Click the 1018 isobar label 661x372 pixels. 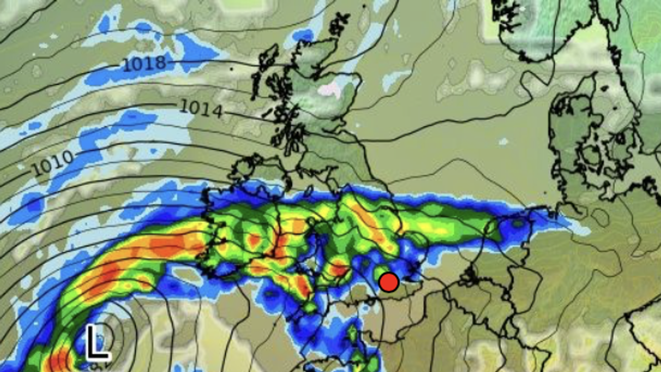[x=144, y=64]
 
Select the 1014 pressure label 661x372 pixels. [x=201, y=109]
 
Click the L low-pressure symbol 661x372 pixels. [x=97, y=343]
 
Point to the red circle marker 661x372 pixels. [x=389, y=282]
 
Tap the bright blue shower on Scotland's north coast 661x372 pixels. [x=304, y=36]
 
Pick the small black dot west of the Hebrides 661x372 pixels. [x=232, y=68]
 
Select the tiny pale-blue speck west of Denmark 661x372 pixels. [x=503, y=142]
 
